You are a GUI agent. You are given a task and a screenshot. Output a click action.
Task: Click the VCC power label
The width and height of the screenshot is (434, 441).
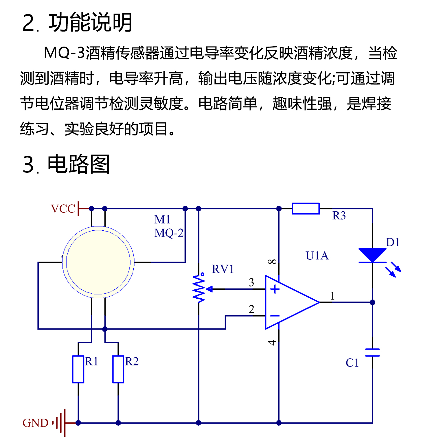click(x=63, y=209)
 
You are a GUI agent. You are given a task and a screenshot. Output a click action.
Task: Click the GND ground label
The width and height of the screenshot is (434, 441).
click(x=35, y=423)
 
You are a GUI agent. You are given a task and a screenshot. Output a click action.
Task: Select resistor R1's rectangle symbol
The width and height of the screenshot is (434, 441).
click(x=78, y=370)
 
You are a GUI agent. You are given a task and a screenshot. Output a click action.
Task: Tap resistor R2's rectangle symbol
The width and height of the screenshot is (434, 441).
click(x=118, y=370)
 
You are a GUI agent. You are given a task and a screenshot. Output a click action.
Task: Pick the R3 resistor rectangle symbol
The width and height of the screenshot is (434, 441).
click(x=306, y=208)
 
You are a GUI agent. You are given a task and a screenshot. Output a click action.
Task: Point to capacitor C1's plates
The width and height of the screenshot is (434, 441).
click(x=372, y=352)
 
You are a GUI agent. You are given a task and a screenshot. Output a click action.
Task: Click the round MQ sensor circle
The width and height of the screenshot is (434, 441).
click(x=98, y=262)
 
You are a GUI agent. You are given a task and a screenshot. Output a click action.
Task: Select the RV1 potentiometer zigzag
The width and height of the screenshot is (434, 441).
click(x=199, y=289)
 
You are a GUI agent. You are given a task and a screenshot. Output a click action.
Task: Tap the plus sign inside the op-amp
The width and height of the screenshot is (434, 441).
click(x=275, y=289)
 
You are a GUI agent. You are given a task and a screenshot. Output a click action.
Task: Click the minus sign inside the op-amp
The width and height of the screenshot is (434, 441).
click(x=275, y=316)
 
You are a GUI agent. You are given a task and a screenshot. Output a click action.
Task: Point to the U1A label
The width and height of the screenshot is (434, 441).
click(x=317, y=256)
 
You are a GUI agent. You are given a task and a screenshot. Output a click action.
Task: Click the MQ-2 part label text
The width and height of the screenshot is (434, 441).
click(x=169, y=233)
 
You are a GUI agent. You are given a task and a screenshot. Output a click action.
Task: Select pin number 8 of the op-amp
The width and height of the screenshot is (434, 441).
click(x=272, y=262)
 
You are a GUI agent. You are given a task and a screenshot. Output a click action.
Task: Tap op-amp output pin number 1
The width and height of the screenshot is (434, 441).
click(x=333, y=296)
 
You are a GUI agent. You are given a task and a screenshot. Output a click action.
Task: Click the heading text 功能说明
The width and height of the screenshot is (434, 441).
click(x=90, y=23)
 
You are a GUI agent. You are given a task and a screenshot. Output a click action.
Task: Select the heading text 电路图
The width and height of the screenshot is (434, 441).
click(x=78, y=164)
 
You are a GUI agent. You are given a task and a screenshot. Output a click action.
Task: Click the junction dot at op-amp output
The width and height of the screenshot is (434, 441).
click(x=372, y=302)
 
